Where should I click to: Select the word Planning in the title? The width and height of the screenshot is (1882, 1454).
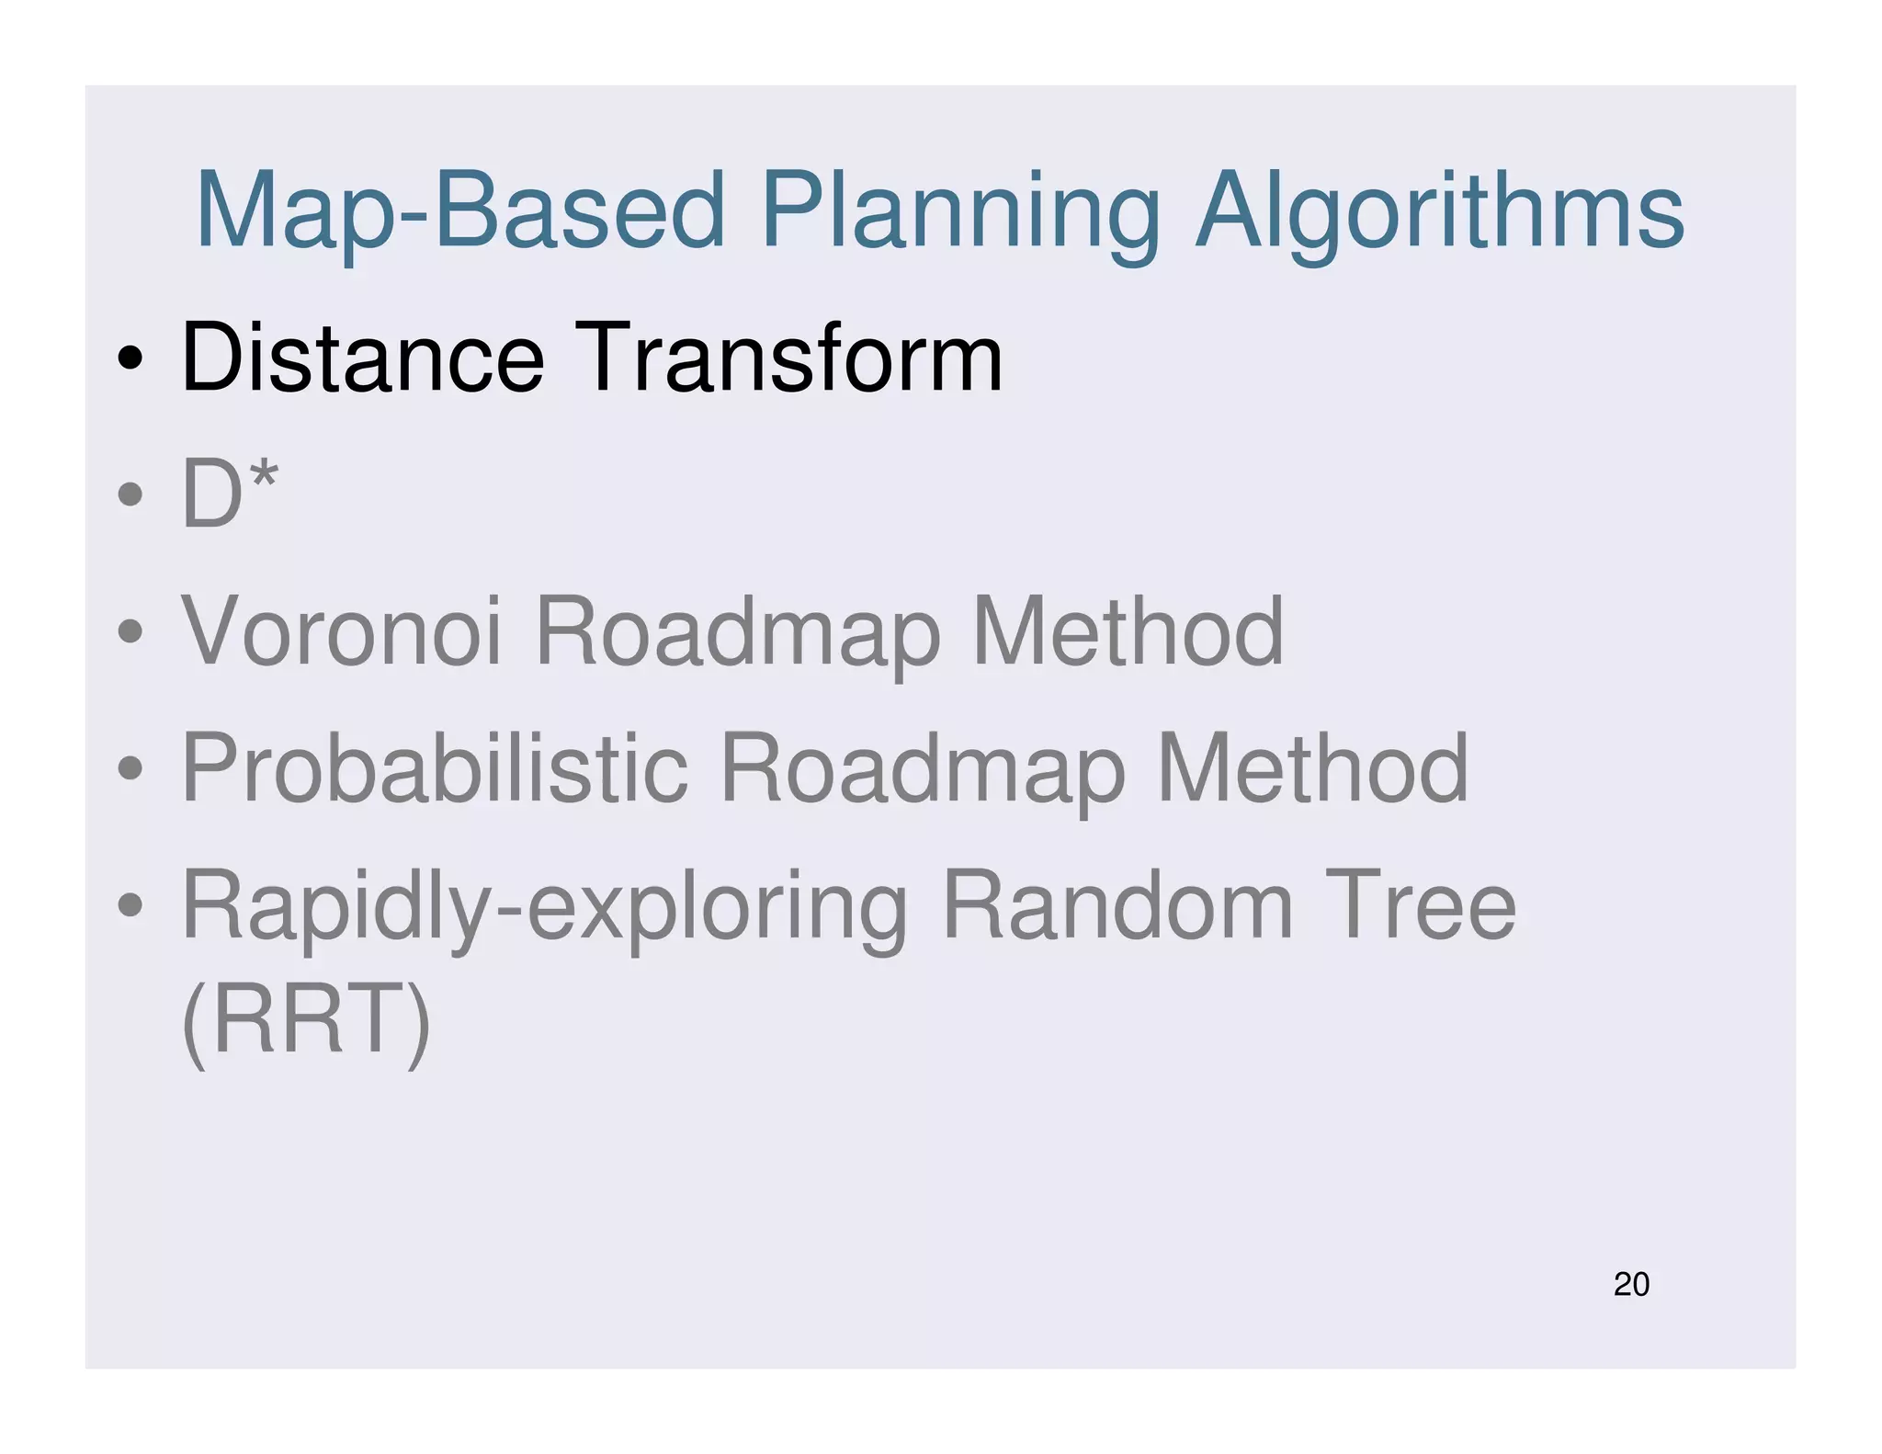pyautogui.click(x=959, y=213)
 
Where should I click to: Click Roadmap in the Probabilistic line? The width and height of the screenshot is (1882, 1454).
pyautogui.click(x=922, y=770)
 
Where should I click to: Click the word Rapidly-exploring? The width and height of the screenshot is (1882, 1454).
pyautogui.click(x=545, y=908)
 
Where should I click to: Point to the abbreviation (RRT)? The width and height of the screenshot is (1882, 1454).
pyautogui.click(x=306, y=1019)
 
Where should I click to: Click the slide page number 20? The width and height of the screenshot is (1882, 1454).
pyautogui.click(x=1631, y=1284)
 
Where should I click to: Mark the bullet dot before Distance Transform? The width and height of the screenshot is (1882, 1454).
pyautogui.click(x=130, y=359)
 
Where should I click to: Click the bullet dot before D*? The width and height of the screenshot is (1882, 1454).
pyautogui.click(x=130, y=495)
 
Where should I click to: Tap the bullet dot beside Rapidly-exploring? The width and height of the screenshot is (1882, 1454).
pyautogui.click(x=130, y=905)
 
